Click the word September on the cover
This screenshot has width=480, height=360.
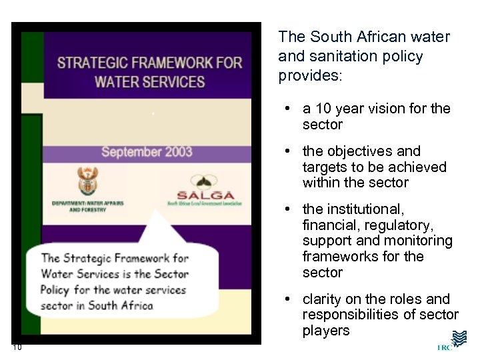click(x=129, y=151)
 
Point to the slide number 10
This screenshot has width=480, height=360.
click(x=17, y=346)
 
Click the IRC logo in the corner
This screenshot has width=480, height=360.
click(x=455, y=341)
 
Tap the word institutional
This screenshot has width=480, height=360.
click(x=365, y=210)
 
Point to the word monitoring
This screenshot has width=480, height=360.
click(x=414, y=241)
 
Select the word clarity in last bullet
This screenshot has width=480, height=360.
click(x=324, y=299)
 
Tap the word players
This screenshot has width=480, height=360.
click(x=326, y=331)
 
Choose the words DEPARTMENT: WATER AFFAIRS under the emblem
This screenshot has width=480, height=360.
click(x=87, y=203)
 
